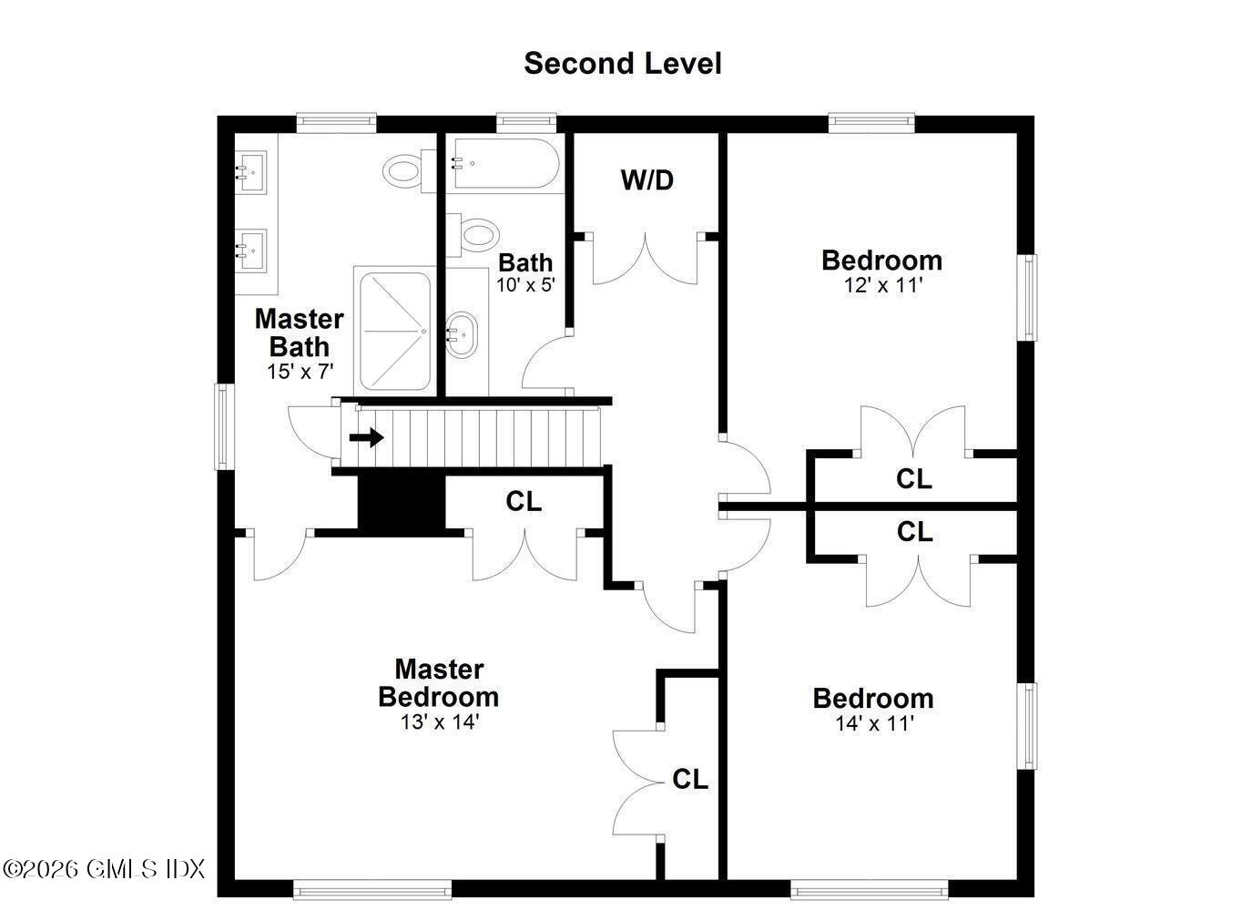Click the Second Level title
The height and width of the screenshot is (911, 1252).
tap(622, 64)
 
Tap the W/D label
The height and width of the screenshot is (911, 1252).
tap(646, 180)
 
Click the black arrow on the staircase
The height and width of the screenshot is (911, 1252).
tap(367, 438)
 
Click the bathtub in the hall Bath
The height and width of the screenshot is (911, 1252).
tap(503, 163)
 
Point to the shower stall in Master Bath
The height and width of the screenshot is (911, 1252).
tap(394, 329)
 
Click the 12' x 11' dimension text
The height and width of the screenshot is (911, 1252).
tap(882, 285)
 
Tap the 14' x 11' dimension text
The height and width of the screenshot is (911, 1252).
tap(874, 724)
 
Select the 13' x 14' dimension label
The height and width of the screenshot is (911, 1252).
tap(439, 722)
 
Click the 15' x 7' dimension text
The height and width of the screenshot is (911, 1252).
tap(300, 372)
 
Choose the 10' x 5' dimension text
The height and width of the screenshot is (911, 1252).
tap(524, 284)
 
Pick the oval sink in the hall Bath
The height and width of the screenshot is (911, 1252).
tap(462, 333)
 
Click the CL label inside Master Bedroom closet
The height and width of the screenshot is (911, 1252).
tap(689, 780)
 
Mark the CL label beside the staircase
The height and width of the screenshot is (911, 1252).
tap(524, 501)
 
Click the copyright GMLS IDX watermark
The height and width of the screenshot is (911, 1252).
tap(105, 868)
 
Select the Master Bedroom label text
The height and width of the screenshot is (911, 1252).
tap(438, 683)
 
